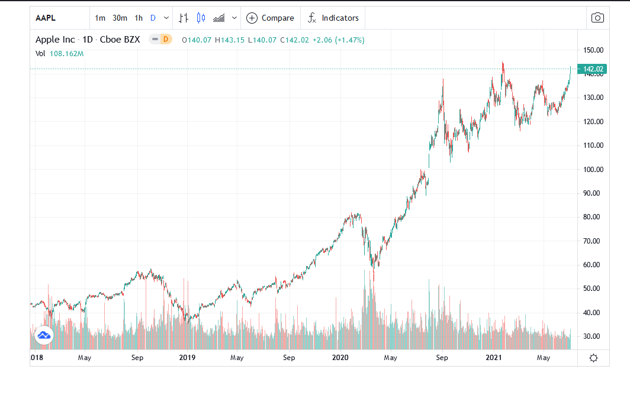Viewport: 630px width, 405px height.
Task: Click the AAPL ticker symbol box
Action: pyautogui.click(x=46, y=18)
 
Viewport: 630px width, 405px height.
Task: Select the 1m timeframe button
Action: pyautogui.click(x=100, y=18)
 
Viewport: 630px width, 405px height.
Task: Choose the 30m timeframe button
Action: pyautogui.click(x=120, y=18)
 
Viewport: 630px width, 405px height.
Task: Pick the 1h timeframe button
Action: pyautogui.click(x=139, y=18)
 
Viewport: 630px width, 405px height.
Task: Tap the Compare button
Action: pyautogui.click(x=271, y=18)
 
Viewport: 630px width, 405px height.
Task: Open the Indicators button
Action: pyautogui.click(x=333, y=18)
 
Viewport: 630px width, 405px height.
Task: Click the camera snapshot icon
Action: pyautogui.click(x=597, y=18)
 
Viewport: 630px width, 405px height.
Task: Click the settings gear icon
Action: pyautogui.click(x=593, y=358)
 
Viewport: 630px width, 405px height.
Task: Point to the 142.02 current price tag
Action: pyautogui.click(x=593, y=69)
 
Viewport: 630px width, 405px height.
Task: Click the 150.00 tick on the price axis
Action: pyautogui.click(x=593, y=50)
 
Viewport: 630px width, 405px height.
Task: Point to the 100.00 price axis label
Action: pyautogui.click(x=593, y=169)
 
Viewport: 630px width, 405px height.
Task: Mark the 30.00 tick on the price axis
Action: pyautogui.click(x=593, y=336)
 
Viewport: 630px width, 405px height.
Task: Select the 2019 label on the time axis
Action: pyautogui.click(x=187, y=358)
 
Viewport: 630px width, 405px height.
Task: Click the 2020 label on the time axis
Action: pyautogui.click(x=340, y=358)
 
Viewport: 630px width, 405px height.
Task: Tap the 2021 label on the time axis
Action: pyautogui.click(x=494, y=358)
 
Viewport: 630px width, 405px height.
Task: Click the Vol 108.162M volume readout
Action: pyautogui.click(x=60, y=54)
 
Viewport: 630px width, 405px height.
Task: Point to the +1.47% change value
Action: pyautogui.click(x=349, y=40)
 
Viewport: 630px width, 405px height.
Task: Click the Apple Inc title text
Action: pyautogui.click(x=56, y=40)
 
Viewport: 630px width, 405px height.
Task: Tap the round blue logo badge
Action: pyautogui.click(x=44, y=335)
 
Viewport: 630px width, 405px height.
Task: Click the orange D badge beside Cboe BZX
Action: pyautogui.click(x=166, y=40)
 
